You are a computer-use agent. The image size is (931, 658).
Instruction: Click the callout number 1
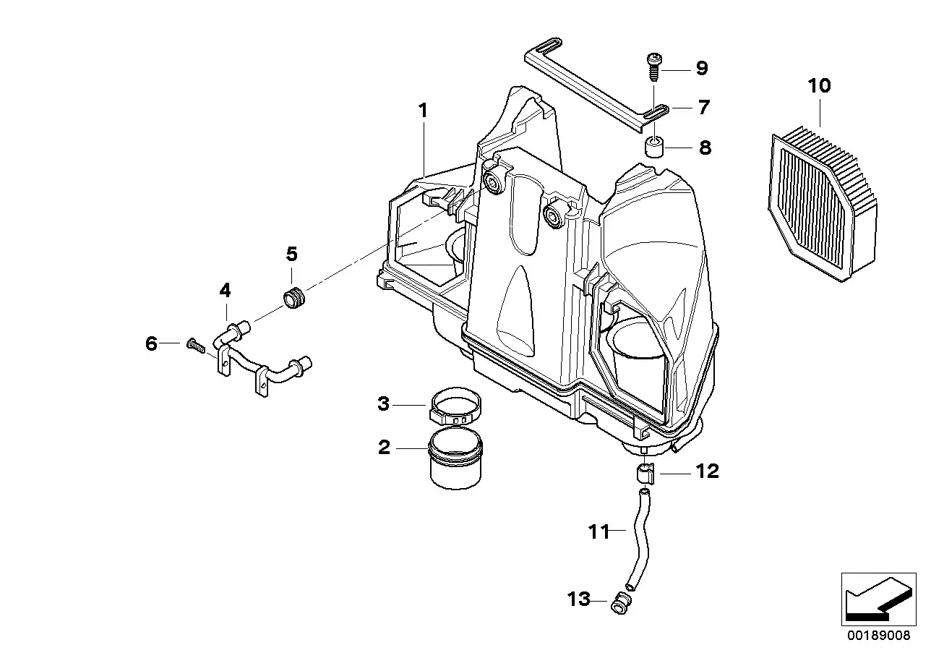click(423, 111)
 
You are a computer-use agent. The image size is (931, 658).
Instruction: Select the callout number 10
click(820, 86)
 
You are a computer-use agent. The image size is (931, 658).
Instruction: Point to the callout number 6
click(151, 343)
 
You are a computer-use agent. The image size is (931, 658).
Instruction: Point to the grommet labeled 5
click(294, 296)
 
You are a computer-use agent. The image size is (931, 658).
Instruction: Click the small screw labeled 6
click(194, 345)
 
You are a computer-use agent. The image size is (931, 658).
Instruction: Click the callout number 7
click(703, 108)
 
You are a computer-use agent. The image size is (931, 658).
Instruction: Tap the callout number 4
click(226, 291)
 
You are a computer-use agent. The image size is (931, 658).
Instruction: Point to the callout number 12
click(708, 471)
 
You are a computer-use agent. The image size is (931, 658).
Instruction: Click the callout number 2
click(384, 448)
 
